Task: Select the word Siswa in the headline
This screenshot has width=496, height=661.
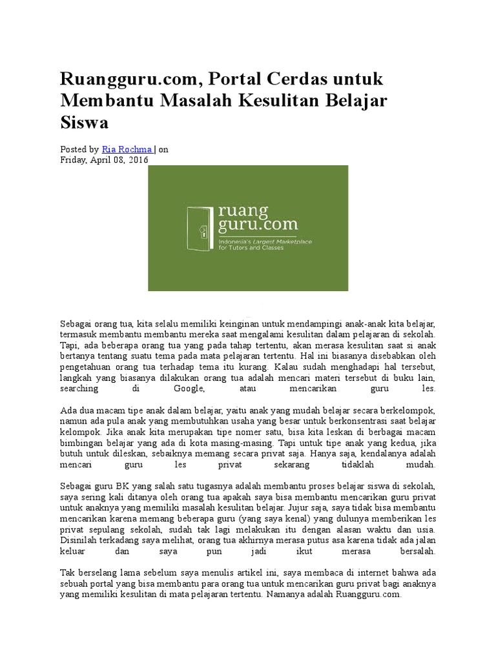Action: (84, 122)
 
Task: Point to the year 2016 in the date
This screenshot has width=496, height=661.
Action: (138, 159)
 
